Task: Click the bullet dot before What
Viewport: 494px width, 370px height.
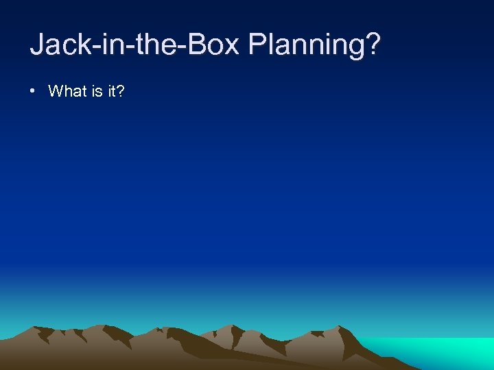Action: tap(34, 91)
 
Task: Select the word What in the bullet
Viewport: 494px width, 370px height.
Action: tap(67, 91)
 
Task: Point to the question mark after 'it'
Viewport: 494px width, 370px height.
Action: tap(121, 91)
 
